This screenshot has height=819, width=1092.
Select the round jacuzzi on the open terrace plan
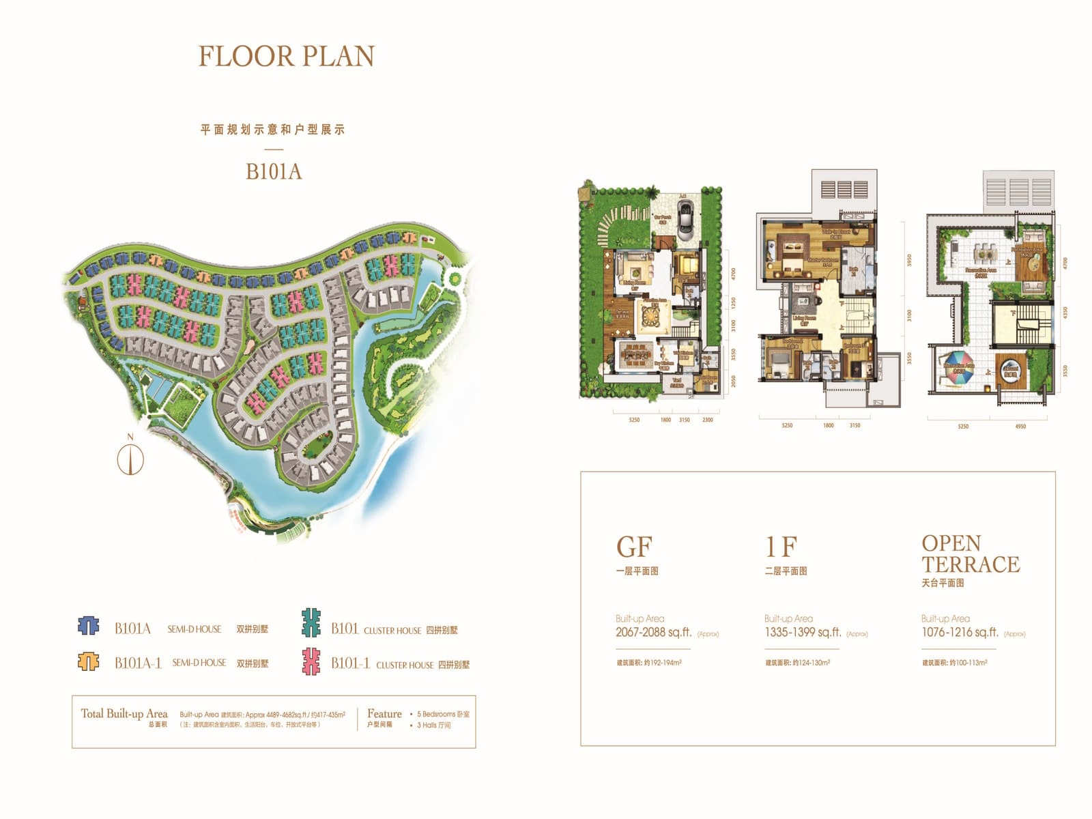(x=1010, y=370)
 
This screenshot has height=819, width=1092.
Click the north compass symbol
(x=130, y=459)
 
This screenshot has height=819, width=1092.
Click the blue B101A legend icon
(x=89, y=626)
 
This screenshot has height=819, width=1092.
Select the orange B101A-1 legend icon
(x=89, y=661)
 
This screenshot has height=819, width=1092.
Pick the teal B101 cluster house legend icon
(x=311, y=622)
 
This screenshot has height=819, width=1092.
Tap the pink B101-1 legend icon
(x=311, y=661)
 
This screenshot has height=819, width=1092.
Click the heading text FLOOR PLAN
(x=286, y=57)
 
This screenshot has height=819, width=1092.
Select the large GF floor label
(x=634, y=547)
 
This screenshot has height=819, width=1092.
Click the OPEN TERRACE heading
(x=970, y=554)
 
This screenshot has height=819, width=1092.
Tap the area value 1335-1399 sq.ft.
(x=803, y=633)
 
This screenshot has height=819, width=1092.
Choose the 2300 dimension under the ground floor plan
(x=707, y=420)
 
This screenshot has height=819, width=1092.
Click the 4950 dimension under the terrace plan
(x=1020, y=427)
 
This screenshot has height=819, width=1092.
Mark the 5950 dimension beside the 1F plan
(x=908, y=260)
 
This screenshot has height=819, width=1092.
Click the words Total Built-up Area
(x=124, y=713)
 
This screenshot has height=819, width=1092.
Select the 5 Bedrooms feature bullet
(x=442, y=714)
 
